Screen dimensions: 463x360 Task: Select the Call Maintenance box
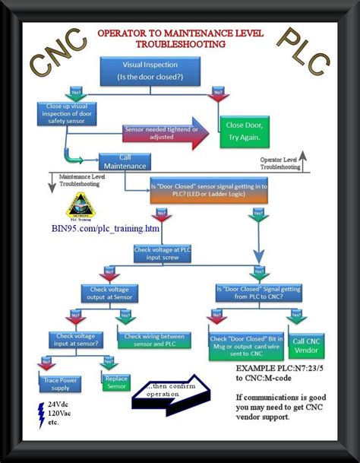coord(125,161)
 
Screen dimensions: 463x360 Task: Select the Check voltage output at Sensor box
coord(110,293)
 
